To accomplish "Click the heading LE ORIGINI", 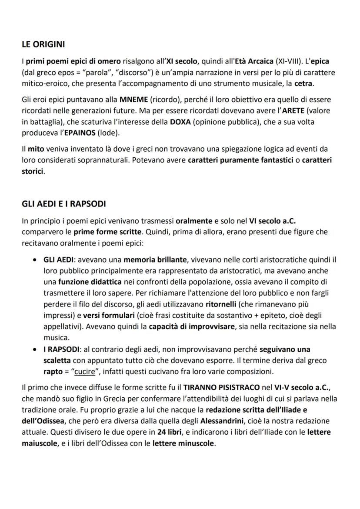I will pyautogui.click(x=43, y=44).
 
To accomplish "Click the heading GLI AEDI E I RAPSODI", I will pyautogui.click(x=64, y=204).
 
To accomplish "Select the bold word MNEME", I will pyautogui.click(x=133, y=100).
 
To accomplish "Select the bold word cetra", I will pyautogui.click(x=303, y=83).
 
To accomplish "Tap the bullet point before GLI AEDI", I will pyautogui.click(x=34, y=260).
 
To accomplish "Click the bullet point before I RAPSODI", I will pyautogui.click(x=34, y=349).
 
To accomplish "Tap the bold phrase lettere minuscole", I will pyautogui.click(x=184, y=444).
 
